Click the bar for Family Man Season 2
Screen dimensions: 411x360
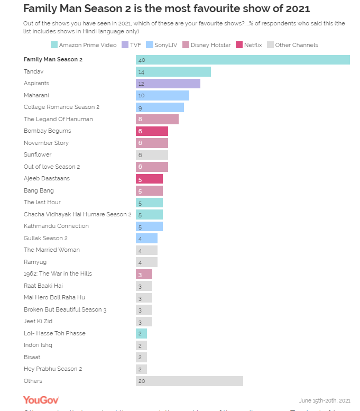coord(243,60)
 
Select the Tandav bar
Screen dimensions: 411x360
coord(173,71)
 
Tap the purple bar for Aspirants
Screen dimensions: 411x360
coord(168,84)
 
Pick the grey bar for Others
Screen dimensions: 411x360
coord(189,381)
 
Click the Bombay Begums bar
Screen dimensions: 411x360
coord(152,131)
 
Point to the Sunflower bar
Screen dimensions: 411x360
coord(152,155)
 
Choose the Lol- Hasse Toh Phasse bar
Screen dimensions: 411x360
coord(141,333)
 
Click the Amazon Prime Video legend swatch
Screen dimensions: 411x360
coord(54,45)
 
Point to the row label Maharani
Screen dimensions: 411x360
coord(36,95)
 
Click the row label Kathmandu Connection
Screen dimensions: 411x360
coord(56,226)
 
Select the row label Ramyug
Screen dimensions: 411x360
coord(34,262)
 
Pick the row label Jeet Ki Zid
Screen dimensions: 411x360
coord(38,321)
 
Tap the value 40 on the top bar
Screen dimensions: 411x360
coord(142,60)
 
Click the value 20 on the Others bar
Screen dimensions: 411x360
coord(142,381)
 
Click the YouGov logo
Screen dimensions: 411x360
coord(41,400)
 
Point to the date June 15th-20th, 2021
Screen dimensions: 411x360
coord(325,400)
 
